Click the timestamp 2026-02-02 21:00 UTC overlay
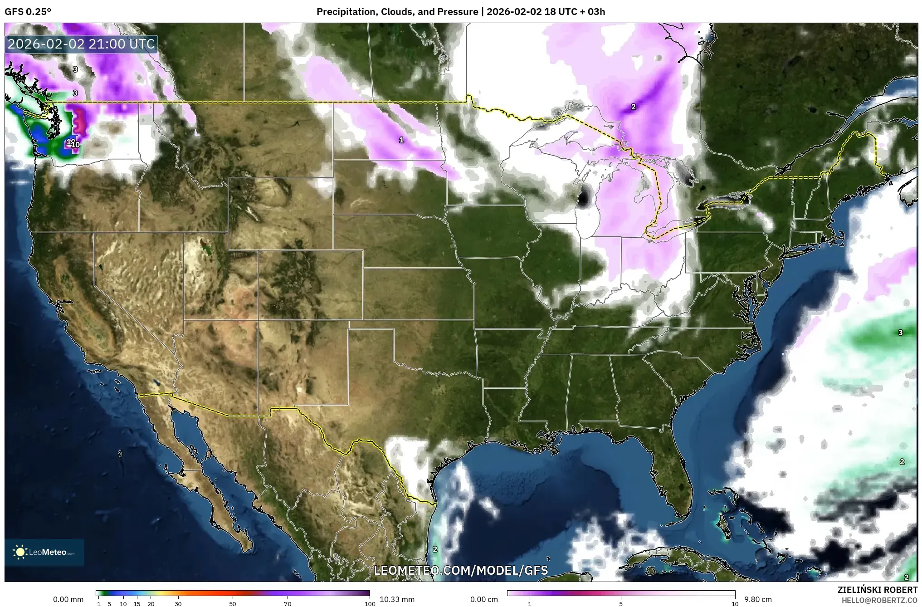click(x=82, y=44)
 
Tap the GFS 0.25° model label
click(x=28, y=11)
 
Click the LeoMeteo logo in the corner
click(x=44, y=552)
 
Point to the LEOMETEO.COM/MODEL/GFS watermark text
click(x=461, y=570)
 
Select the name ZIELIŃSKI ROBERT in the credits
click(x=877, y=590)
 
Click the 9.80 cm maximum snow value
click(x=758, y=599)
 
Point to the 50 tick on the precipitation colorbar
click(x=233, y=604)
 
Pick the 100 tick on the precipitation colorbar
click(x=370, y=604)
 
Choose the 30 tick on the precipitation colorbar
click(x=178, y=604)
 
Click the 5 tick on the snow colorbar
click(x=621, y=604)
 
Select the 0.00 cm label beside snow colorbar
click(x=484, y=599)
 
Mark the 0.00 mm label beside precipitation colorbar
click(x=68, y=599)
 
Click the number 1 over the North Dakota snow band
click(x=401, y=140)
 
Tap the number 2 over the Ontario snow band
click(x=634, y=107)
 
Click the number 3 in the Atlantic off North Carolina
click(x=900, y=333)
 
